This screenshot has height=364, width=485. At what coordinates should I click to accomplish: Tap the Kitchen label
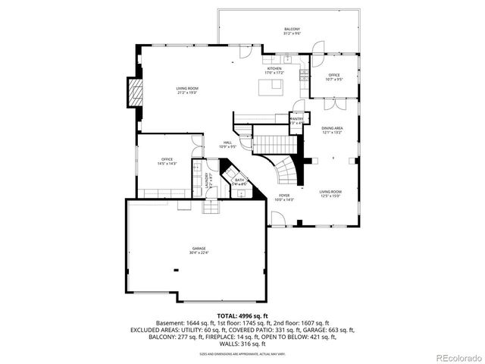point(274,71)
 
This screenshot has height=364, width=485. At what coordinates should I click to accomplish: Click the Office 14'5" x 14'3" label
point(167,161)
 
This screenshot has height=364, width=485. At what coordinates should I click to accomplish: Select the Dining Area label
point(332,130)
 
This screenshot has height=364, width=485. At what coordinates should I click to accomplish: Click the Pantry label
point(296,120)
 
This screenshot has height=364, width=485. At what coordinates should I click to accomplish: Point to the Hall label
point(227,146)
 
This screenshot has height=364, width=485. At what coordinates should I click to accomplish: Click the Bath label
point(239,181)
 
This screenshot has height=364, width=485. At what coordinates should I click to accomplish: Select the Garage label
point(199,251)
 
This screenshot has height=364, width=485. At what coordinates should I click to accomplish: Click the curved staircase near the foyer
point(286,171)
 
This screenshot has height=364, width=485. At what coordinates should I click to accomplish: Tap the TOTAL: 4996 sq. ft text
point(242,315)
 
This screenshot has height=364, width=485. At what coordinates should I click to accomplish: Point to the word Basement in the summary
point(170,322)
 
